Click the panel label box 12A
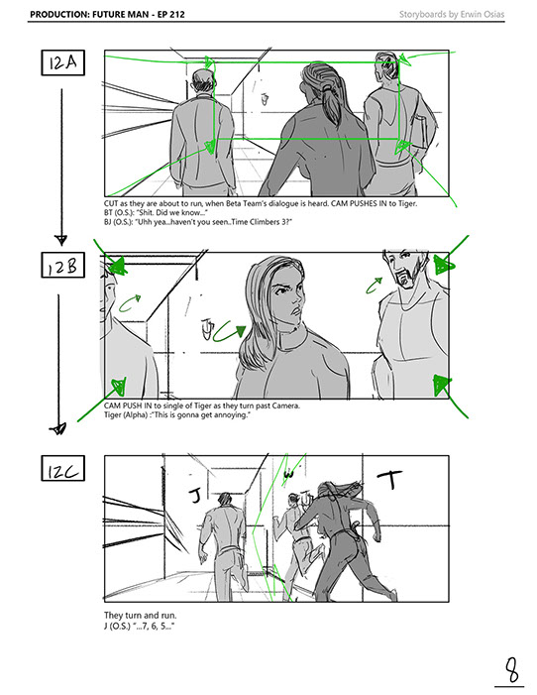(63, 62)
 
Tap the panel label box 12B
(63, 265)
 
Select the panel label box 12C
(63, 468)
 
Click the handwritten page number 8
(511, 669)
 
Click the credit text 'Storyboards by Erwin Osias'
(452, 14)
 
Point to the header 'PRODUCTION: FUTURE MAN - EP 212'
(107, 14)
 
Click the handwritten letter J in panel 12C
(195, 495)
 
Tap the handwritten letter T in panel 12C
(390, 479)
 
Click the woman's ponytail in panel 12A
(330, 104)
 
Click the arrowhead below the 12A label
(61, 241)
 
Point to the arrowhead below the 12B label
(58, 428)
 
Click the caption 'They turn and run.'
(140, 616)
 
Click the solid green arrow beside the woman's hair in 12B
(227, 335)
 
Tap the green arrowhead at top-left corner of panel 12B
(117, 266)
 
